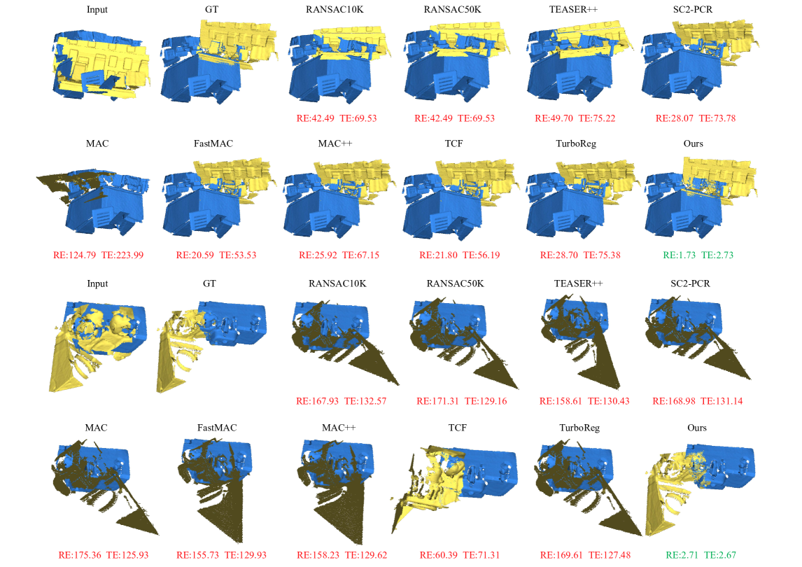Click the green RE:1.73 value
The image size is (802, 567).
coord(680,255)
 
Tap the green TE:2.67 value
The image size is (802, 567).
coord(720,554)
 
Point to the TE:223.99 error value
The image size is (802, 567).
coord(122,255)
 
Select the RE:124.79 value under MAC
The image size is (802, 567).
coord(74,255)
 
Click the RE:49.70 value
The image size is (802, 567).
coord(554,118)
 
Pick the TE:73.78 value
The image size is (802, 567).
coord(717,118)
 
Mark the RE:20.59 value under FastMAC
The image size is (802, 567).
coord(195,255)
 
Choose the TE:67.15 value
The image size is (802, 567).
coord(360,255)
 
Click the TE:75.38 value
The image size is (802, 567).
coord(602,255)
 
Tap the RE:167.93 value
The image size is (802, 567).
coord(317,401)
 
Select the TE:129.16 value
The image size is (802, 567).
coord(486,401)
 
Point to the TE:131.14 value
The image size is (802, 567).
coord(722,401)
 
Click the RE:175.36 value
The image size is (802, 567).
coord(80,554)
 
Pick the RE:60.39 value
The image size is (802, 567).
coord(438,554)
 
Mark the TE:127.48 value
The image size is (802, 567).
coord(609,554)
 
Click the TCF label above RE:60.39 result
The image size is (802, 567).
coord(457,428)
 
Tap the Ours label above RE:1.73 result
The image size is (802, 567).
coord(693,143)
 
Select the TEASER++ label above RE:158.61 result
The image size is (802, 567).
coord(578,283)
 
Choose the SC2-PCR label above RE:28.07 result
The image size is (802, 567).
coord(693,10)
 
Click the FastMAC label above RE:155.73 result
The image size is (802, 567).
coord(217,428)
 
